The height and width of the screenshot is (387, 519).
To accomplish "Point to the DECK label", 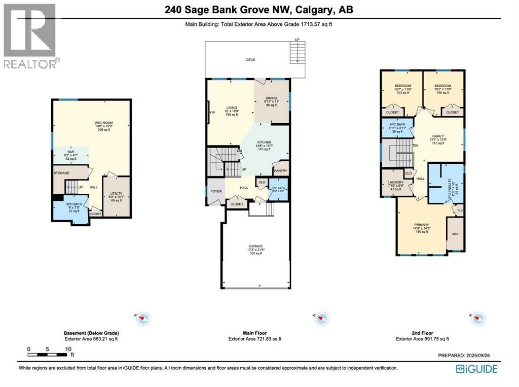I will coord(250,60).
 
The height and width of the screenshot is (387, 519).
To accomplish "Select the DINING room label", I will coord(272,101).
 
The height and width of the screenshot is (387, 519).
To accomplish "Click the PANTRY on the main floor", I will coord(280,170).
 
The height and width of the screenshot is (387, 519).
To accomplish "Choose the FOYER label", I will coord(215,191).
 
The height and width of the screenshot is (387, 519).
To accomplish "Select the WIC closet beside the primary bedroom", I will coord(455,234).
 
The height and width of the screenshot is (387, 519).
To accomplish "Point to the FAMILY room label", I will coord(437,136).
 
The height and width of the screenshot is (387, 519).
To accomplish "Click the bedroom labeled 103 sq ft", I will coord(403,89).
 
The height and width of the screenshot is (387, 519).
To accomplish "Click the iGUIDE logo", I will coord(476,369).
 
